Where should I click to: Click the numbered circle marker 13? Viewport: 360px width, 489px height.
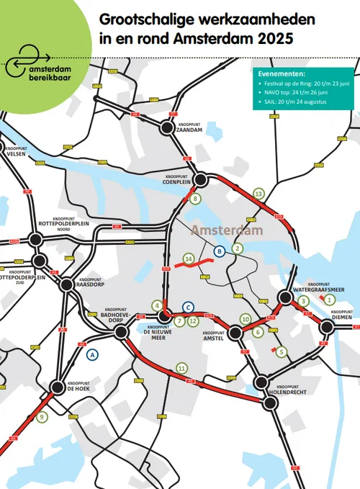(259, 193)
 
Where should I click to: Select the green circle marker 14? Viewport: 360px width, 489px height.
(189, 258)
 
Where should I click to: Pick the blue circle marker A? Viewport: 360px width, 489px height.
(92, 354)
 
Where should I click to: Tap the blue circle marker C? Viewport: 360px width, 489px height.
(188, 307)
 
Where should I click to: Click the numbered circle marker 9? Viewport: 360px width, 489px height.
(42, 416)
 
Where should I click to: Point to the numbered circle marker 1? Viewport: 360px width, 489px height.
(329, 299)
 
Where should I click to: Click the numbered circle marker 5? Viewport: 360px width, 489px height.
(282, 352)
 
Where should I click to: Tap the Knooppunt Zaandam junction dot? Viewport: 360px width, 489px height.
(167, 127)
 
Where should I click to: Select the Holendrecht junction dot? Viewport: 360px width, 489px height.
(269, 403)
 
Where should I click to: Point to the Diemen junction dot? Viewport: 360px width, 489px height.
(328, 328)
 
